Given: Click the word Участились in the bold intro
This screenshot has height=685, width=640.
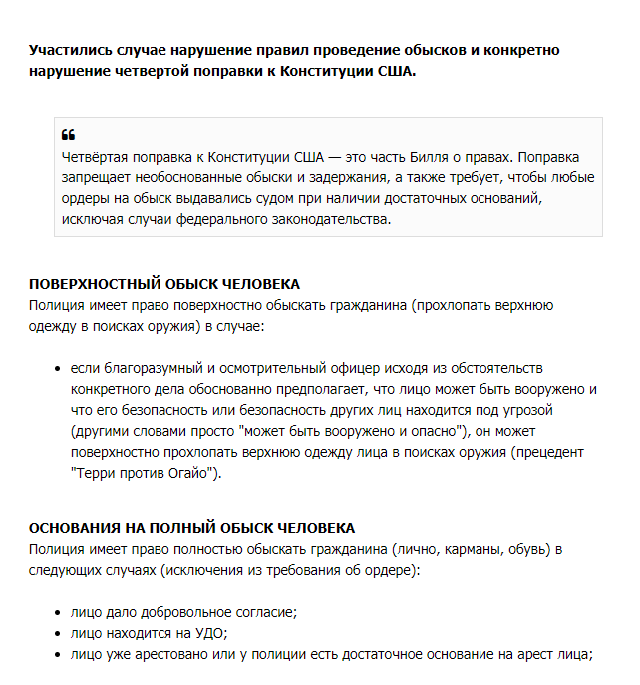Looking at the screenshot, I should click(68, 50).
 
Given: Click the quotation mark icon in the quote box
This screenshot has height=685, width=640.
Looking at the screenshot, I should click(68, 135).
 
